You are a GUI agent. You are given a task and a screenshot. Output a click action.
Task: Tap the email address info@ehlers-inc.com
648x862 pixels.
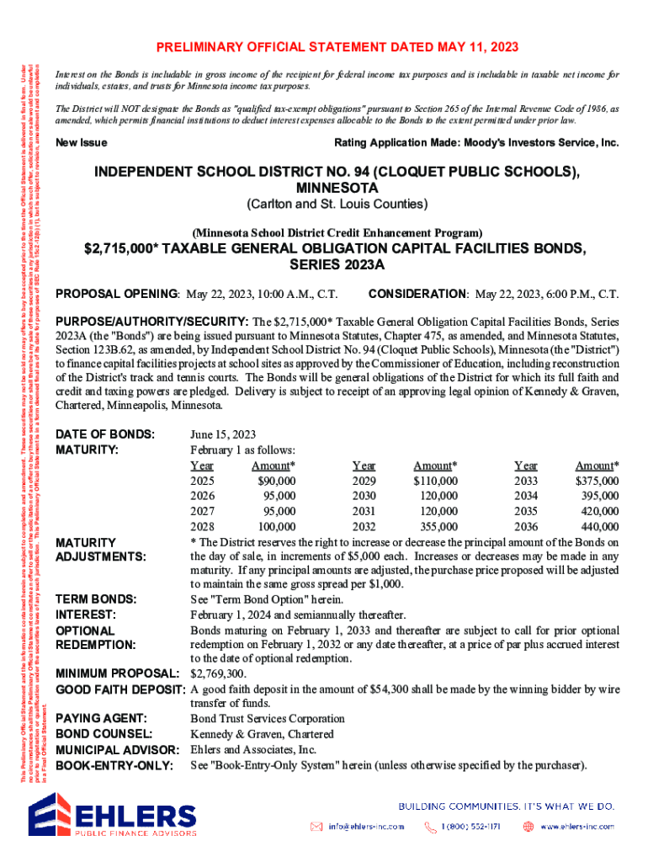(x=365, y=826)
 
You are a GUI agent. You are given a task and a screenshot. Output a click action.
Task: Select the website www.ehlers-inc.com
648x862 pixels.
(x=576, y=826)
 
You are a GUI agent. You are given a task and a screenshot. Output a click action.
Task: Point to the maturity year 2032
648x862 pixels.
(x=364, y=527)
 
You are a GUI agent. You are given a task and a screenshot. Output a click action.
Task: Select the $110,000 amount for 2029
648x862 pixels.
(x=435, y=481)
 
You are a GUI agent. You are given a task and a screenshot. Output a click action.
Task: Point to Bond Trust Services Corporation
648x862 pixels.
(x=268, y=718)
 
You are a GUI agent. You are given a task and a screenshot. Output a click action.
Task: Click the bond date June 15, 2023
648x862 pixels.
(x=223, y=434)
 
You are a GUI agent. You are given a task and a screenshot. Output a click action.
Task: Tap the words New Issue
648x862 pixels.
(x=81, y=143)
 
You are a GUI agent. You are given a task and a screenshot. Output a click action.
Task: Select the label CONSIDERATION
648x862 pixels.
(x=418, y=295)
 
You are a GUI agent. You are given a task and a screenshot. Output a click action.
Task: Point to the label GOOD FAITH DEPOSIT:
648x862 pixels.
(x=120, y=689)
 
